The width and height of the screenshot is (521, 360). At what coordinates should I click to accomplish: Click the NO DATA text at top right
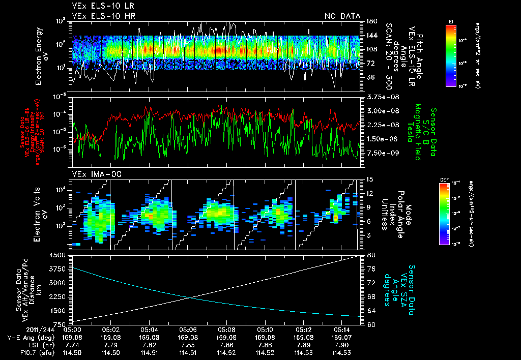click(x=342, y=16)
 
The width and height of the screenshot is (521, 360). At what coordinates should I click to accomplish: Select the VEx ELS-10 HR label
click(x=99, y=16)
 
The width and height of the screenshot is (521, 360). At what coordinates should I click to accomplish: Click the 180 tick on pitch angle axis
click(x=370, y=21)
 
